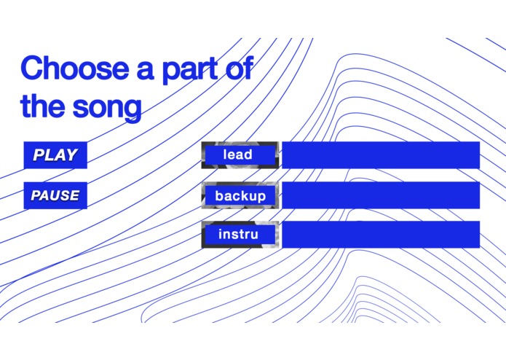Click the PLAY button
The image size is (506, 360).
(x=55, y=154)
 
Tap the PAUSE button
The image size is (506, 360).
(x=55, y=195)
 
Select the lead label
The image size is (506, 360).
(x=239, y=154)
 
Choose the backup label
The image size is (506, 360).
(x=240, y=196)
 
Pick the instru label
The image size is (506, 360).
(x=239, y=235)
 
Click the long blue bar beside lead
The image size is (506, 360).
(x=380, y=154)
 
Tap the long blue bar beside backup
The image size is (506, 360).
(x=380, y=195)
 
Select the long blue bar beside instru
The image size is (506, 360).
(x=380, y=235)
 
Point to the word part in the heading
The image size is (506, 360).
(x=194, y=71)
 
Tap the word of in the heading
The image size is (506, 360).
(x=239, y=69)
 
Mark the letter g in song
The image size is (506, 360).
(x=132, y=110)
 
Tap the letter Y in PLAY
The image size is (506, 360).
(x=71, y=154)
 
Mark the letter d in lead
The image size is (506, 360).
(x=248, y=154)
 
